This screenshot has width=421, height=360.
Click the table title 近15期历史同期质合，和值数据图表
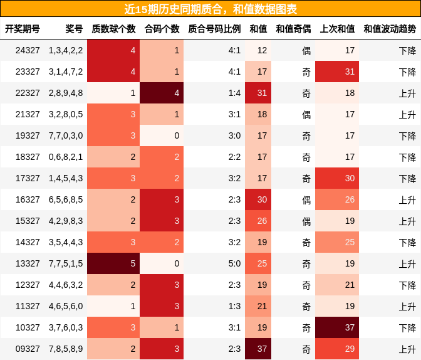[210, 9]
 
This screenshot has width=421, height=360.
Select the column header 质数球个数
[113, 29]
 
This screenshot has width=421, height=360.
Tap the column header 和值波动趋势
[389, 29]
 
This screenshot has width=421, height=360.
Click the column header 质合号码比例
[214, 29]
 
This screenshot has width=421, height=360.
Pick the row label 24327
[28, 50]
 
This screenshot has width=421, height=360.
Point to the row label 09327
[28, 349]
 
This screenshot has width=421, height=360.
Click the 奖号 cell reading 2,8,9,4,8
[66, 93]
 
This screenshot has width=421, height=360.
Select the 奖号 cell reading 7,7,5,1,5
[66, 263]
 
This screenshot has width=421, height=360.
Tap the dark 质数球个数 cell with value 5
[113, 263]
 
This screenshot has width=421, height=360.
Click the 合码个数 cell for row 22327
[162, 93]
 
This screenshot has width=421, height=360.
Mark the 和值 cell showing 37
[257, 349]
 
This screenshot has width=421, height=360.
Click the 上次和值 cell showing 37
[337, 327]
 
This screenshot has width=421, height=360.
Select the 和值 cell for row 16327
[257, 199]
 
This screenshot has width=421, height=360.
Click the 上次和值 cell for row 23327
[337, 71]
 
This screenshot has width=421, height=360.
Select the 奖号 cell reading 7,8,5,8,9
[66, 349]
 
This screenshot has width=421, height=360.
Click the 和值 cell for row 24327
[257, 50]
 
